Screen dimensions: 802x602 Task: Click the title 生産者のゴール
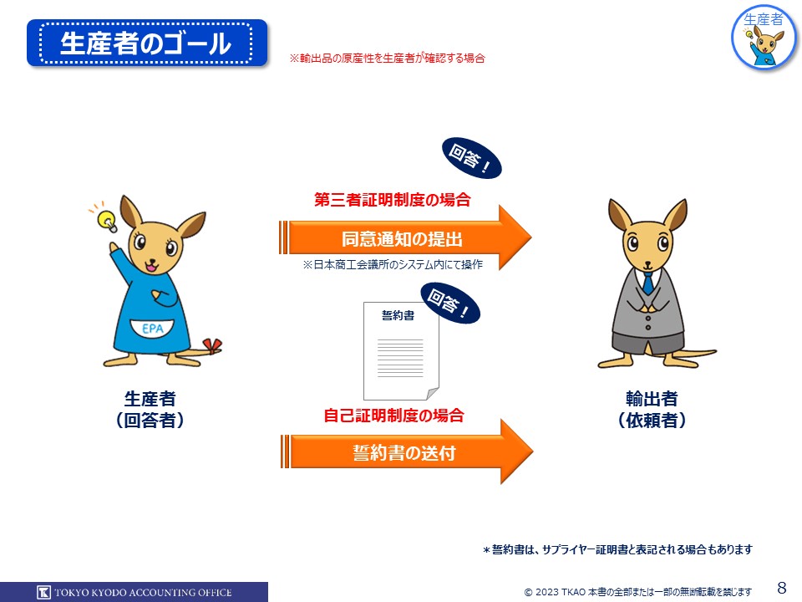145,43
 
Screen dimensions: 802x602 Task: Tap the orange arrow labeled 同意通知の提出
405,238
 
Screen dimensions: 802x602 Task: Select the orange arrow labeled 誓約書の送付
407,452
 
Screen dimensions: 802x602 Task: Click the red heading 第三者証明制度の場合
393,200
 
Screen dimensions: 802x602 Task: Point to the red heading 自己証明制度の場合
393,415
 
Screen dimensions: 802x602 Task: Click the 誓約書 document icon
401,351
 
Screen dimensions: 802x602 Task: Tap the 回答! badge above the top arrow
471,158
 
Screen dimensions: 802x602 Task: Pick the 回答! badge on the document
450,303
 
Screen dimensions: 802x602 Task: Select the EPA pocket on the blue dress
152,329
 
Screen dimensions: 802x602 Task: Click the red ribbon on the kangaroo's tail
212,346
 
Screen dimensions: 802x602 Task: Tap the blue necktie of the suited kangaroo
648,283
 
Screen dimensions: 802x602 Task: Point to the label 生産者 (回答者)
150,409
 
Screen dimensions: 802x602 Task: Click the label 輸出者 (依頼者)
652,409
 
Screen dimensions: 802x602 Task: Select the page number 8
782,587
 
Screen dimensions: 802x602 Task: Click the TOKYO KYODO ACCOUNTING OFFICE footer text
143,592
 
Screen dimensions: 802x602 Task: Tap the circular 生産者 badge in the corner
764,38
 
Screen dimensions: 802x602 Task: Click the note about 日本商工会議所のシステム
393,264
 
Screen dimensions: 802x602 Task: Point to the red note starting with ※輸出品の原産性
387,59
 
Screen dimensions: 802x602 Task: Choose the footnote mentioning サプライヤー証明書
617,549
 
